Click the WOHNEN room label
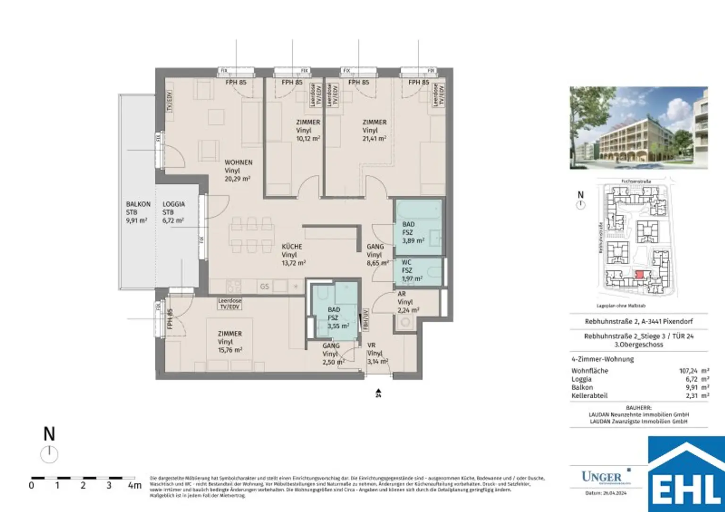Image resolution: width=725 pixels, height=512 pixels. pos(238,162)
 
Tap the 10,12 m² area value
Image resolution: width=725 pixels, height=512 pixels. pos(308,139)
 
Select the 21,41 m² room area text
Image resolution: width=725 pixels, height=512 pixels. pos(374,139)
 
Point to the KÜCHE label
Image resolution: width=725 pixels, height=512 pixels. pos(292,246)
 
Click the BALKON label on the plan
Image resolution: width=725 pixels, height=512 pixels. pos(138,204)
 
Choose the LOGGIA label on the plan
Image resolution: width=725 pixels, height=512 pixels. pos(174,204)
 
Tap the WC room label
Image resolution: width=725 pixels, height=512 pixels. pos(406,262)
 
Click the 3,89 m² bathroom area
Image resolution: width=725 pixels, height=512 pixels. pos(413,241)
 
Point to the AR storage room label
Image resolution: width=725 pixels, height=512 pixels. pos(402,294)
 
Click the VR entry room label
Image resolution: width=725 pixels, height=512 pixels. pos(371,345)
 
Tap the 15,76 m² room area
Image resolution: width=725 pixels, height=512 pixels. pos(230,350)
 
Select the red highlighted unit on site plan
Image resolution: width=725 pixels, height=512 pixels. pos(639,275)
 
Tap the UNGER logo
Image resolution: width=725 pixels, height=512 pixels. pos(602,477)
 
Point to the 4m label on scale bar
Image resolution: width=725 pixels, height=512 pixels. pos(134,486)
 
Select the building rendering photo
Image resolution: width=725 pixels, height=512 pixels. pos(639,127)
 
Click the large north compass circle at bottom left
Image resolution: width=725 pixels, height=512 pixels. pos(49,455)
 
